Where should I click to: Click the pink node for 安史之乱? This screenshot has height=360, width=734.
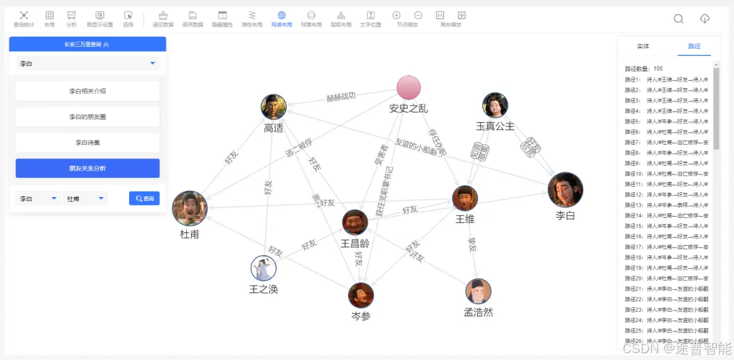408,88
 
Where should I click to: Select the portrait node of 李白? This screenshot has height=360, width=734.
565,190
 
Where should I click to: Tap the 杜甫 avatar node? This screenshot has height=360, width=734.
190,209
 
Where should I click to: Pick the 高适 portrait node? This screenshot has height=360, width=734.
273,107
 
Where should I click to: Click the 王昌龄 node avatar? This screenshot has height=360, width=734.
355,222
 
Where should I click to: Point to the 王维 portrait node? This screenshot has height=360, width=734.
465,198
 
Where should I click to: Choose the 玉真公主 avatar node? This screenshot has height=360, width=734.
495,105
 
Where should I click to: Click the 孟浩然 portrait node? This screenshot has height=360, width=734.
478,291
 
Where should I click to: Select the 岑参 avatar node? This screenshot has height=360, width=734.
361,295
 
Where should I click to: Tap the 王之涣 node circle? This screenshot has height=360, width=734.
263,268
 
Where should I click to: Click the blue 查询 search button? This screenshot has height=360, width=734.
144,198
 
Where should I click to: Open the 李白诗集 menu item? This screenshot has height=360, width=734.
87,143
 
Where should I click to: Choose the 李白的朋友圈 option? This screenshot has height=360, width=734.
87,117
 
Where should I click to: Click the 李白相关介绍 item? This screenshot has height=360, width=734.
87,91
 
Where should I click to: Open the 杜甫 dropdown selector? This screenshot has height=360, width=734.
85,198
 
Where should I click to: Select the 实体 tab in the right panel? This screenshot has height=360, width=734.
643,46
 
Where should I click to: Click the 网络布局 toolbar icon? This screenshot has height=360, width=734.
281,18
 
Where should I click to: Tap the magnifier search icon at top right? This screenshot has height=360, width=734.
678,18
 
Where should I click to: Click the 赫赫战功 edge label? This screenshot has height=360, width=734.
340,97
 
